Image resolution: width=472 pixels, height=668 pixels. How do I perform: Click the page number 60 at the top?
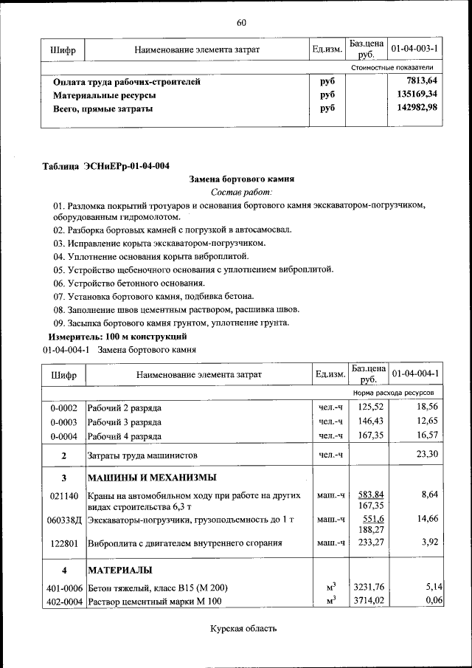[x=241, y=22]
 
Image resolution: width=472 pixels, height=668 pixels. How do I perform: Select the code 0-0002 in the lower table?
[x=63, y=407]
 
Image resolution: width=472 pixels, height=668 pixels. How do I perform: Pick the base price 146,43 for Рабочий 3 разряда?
[x=371, y=421]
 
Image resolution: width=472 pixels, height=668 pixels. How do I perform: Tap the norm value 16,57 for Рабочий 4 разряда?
[x=427, y=436]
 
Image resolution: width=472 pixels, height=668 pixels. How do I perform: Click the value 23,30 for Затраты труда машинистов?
[x=427, y=454]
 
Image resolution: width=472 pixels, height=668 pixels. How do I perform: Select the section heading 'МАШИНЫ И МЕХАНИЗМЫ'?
[x=152, y=478]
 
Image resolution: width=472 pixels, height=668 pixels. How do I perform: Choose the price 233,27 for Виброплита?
[x=371, y=543]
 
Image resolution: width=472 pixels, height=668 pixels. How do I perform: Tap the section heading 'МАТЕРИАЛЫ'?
[x=120, y=570]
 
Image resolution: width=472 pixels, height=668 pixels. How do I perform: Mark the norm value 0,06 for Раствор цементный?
[x=433, y=602]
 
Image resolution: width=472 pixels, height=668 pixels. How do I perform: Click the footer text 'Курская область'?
[x=243, y=629]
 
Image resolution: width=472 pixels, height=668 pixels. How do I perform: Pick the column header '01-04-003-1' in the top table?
[x=415, y=49]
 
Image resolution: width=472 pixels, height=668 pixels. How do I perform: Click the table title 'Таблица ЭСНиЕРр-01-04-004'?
[x=110, y=165]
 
